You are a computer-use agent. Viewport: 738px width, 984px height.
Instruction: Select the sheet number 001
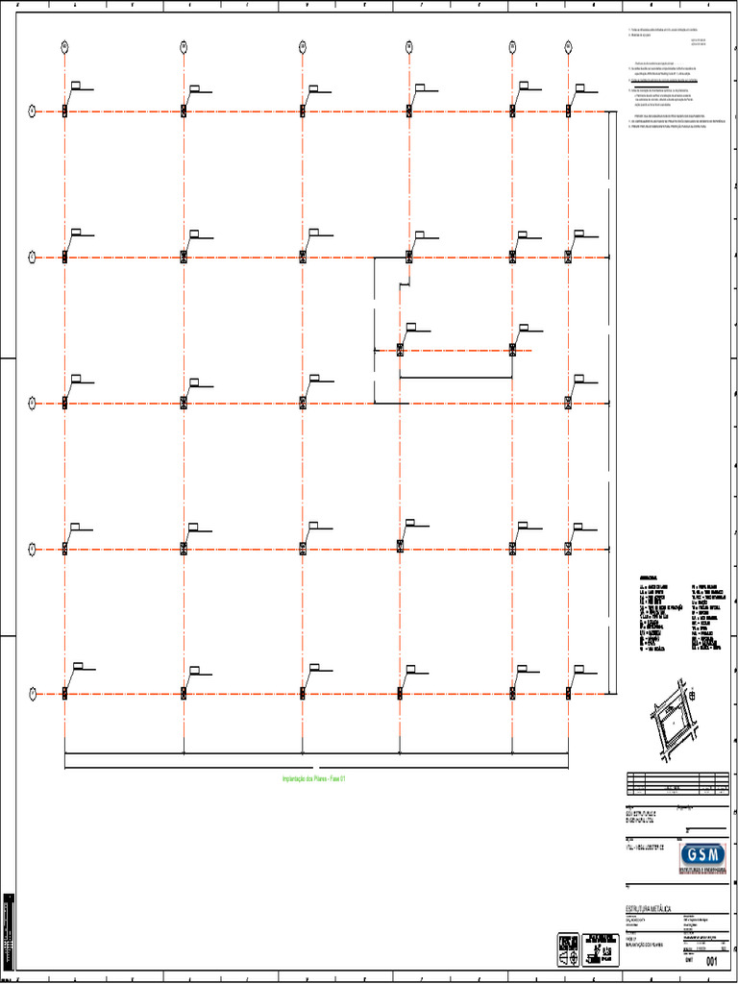(x=712, y=961)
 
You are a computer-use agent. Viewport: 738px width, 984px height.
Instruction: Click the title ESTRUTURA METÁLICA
(x=649, y=908)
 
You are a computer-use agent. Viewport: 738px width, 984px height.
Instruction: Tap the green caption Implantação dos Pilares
(x=313, y=778)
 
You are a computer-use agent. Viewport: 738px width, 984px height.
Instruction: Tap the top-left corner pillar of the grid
(x=64, y=111)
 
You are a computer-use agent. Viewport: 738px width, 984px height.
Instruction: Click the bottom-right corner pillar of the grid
(x=568, y=693)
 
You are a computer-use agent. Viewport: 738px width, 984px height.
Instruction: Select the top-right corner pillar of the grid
(x=568, y=111)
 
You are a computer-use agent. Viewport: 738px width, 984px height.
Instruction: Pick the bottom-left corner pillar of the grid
(x=64, y=693)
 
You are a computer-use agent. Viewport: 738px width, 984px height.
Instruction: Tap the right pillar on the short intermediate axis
(x=512, y=350)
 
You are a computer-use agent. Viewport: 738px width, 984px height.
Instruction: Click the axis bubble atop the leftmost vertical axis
(x=64, y=45)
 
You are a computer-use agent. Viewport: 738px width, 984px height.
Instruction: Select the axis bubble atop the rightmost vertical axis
(x=568, y=45)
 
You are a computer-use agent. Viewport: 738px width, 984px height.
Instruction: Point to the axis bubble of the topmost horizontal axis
(x=31, y=111)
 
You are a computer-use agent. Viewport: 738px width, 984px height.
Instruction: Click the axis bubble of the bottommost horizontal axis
(x=31, y=693)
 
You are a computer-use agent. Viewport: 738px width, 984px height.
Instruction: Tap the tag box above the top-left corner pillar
(x=76, y=86)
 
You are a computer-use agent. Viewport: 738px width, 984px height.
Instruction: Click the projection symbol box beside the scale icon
(x=568, y=948)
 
